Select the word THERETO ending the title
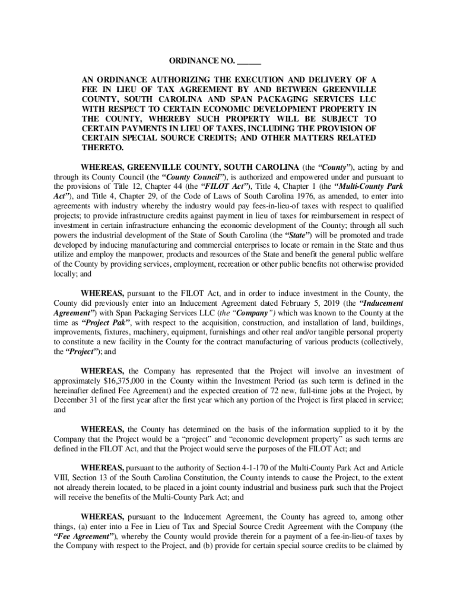tap(102, 148)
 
